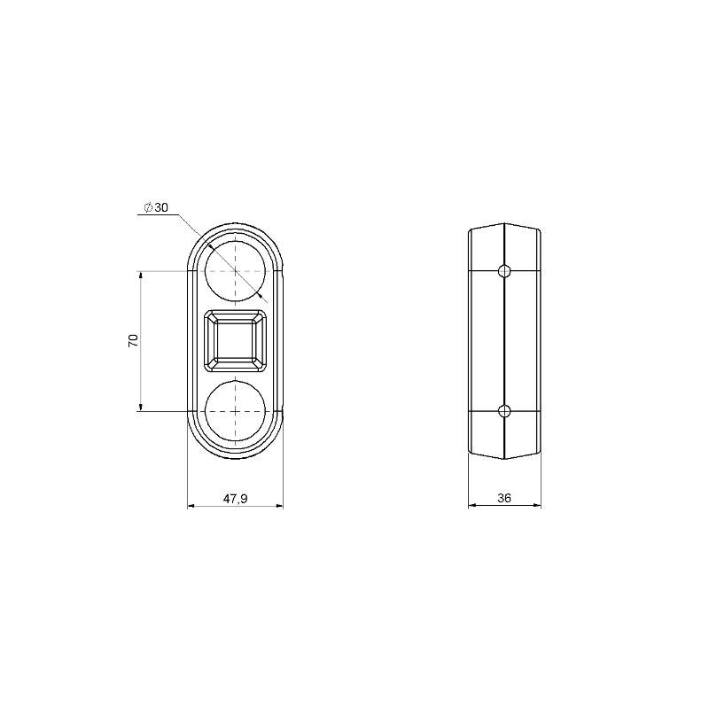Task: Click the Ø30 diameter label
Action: coord(156,207)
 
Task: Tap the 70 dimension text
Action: coord(134,340)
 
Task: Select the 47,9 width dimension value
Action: coord(235,499)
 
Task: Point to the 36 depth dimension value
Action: coord(504,498)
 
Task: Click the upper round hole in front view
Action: coord(235,271)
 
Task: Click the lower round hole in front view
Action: coord(235,411)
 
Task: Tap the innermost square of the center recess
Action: coord(235,341)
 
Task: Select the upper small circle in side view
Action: coord(504,271)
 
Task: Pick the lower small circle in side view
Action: coord(504,411)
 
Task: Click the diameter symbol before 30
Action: coord(148,207)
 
